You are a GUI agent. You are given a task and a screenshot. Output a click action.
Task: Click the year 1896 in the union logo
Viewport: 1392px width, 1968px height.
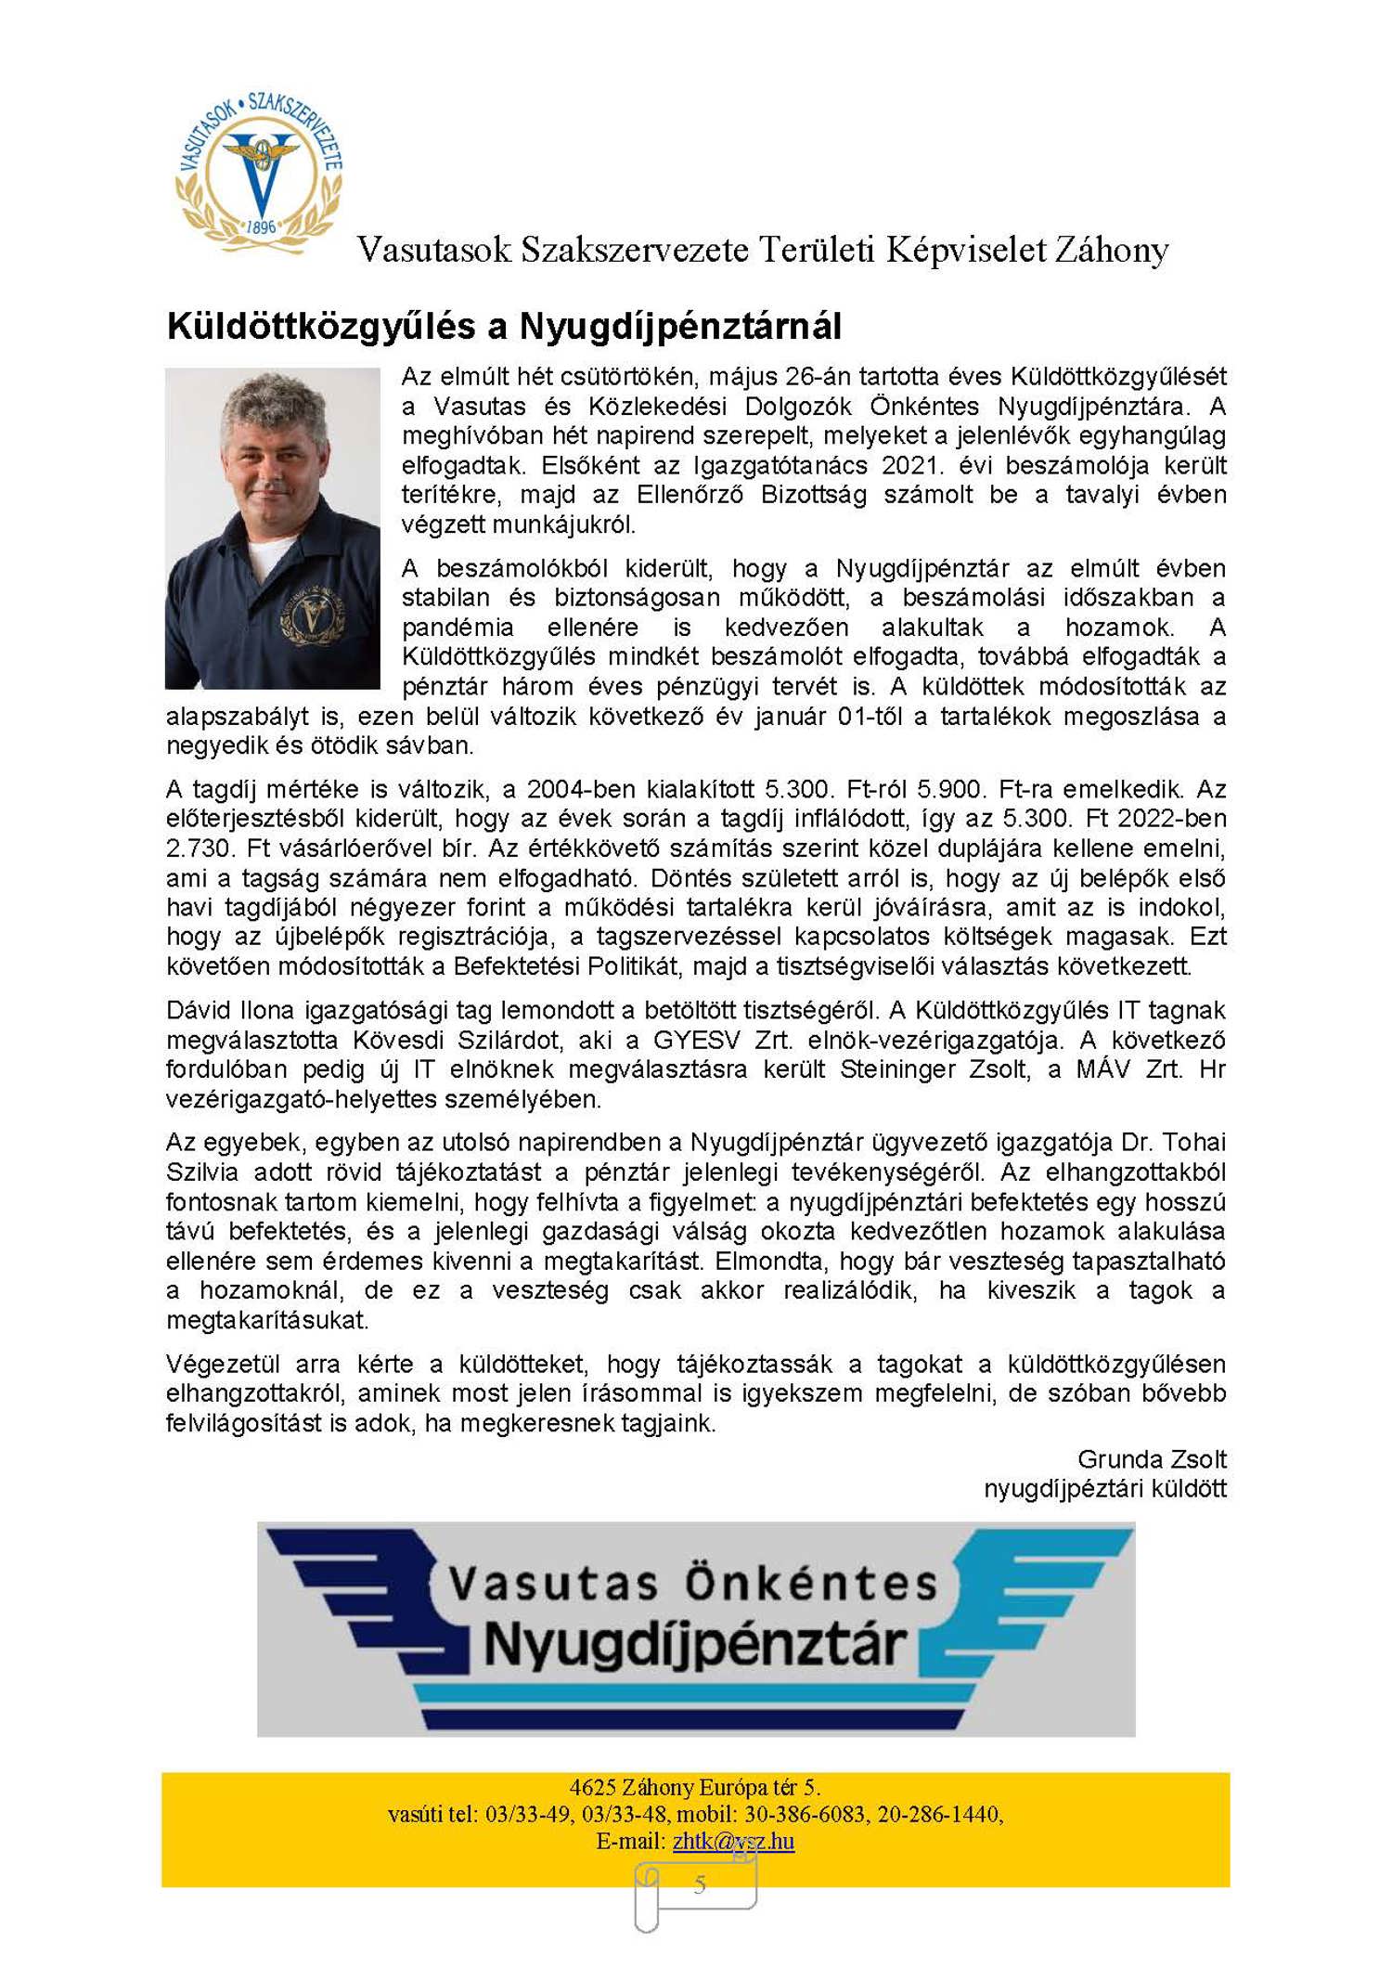(261, 227)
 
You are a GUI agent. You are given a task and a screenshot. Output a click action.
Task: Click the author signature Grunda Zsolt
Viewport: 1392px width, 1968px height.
(1152, 1460)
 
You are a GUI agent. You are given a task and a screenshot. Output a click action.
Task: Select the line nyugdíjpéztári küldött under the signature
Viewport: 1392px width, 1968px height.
(1104, 1489)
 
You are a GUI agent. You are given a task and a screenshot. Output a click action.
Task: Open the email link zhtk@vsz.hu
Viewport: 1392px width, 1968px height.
(733, 1841)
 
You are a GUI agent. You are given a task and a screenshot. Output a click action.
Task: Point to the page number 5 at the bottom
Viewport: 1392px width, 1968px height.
(700, 1884)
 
